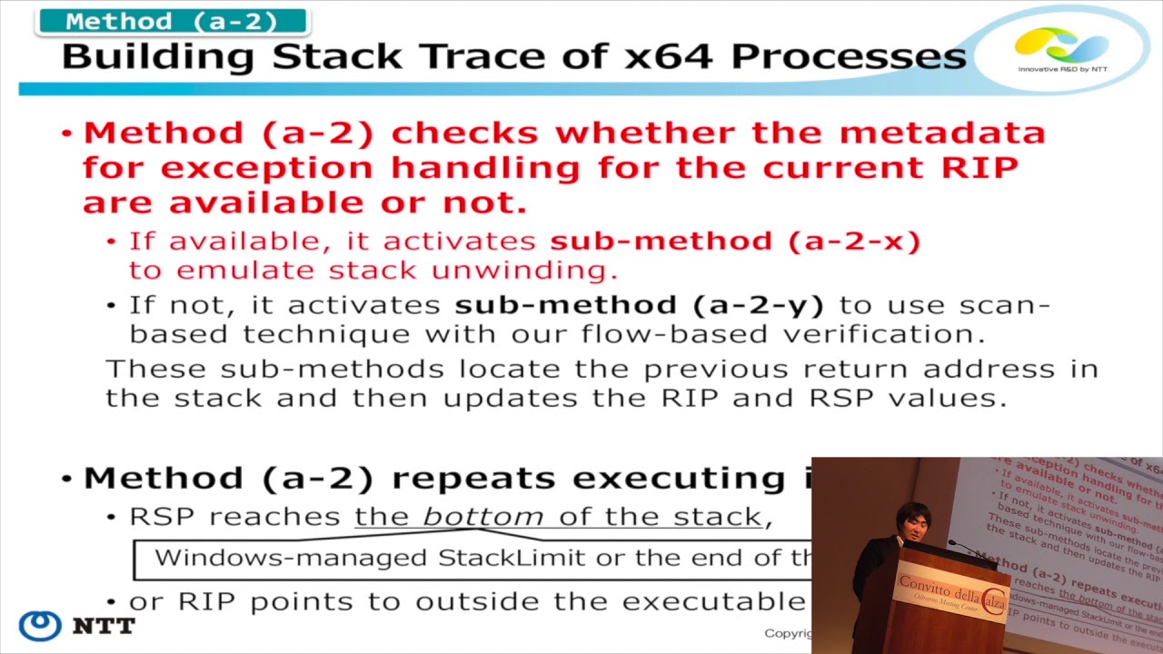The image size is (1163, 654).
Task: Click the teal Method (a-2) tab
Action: coord(172,21)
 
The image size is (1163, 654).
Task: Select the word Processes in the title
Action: coord(848,56)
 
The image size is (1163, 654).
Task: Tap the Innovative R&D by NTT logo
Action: coord(1061,50)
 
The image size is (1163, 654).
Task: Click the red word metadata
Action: coord(942,133)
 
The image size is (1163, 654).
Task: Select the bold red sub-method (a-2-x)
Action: coord(735,242)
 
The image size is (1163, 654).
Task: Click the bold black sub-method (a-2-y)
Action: coord(639,304)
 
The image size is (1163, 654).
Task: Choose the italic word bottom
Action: coord(483,517)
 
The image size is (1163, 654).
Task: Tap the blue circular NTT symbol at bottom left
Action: coord(40,626)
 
